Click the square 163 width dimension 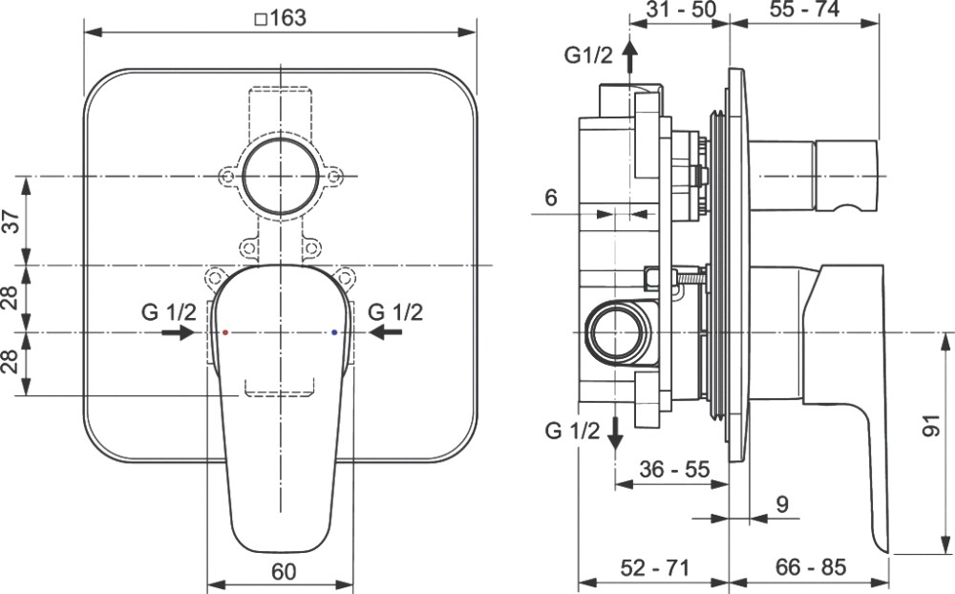pos(280,18)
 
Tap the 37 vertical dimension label pos(11,220)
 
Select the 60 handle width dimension pos(284,571)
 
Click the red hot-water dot pos(225,332)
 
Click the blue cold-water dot pos(333,332)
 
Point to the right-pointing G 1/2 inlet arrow pos(178,332)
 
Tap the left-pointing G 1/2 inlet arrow pos(386,332)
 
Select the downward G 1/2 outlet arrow pos(616,434)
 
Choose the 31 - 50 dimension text pos(680,10)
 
